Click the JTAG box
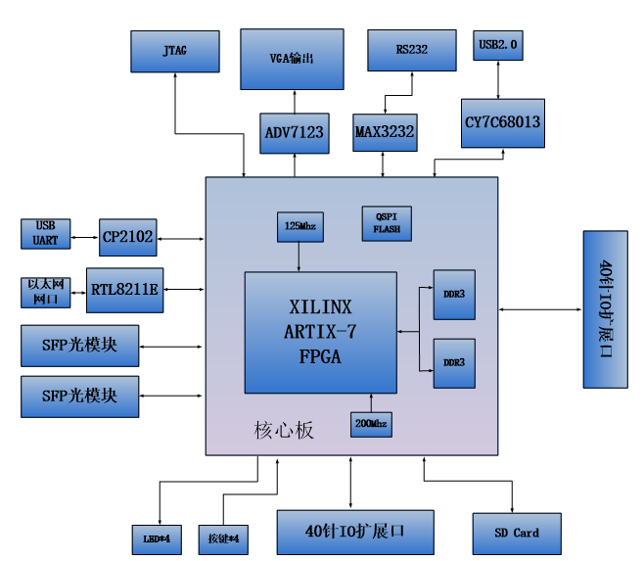(175, 51)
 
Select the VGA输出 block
(292, 59)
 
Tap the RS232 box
(412, 50)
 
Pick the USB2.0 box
(498, 45)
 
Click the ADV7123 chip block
(295, 133)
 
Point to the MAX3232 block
(385, 132)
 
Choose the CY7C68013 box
(503, 123)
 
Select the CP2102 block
(128, 237)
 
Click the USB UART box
(46, 234)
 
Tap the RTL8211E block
(125, 290)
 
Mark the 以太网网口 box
(46, 293)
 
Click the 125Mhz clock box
(300, 227)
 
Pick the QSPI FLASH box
(387, 223)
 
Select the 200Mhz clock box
(371, 425)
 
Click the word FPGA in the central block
(320, 356)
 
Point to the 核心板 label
(284, 431)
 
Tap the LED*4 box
(157, 539)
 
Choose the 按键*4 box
(223, 539)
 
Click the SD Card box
(517, 534)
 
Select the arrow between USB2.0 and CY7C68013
(498, 79)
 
